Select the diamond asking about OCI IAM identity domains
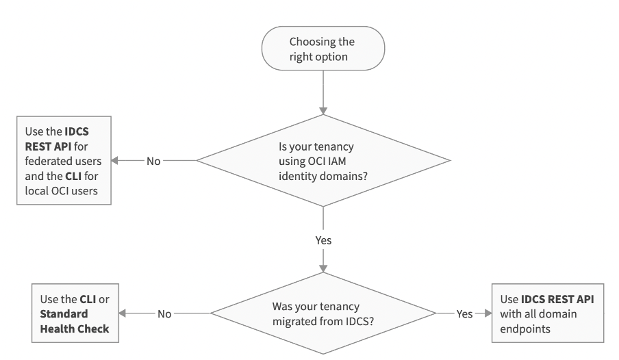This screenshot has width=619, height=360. pyautogui.click(x=323, y=161)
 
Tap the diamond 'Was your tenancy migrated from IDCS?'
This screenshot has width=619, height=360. pyautogui.click(x=323, y=313)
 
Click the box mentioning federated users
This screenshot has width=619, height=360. pyautogui.click(x=64, y=161)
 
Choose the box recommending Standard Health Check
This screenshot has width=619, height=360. pyautogui.click(x=75, y=313)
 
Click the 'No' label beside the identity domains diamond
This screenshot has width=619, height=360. pyautogui.click(x=154, y=161)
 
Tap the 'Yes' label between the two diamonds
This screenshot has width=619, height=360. pyautogui.click(x=323, y=241)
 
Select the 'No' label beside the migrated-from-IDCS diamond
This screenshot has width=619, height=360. pyautogui.click(x=164, y=313)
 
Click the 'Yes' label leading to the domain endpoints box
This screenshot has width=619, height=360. pyautogui.click(x=464, y=313)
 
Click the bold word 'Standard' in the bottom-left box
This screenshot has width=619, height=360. pyautogui.click(x=64, y=313)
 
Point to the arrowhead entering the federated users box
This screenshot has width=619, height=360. pyautogui.click(x=114, y=161)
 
